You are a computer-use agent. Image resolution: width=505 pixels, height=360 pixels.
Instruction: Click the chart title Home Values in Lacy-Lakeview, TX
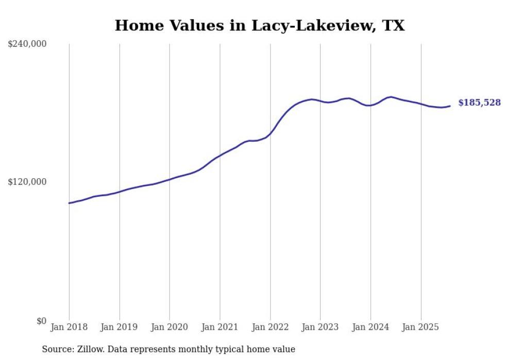pos(259,25)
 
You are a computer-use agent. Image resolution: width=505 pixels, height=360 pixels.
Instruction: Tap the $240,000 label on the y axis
pos(27,44)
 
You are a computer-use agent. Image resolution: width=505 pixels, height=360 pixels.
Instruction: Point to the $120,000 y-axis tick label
pos(27,182)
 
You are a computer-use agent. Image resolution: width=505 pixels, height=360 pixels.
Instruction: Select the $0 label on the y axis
pos(41,320)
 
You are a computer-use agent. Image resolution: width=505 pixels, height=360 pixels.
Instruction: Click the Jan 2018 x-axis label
pos(69,327)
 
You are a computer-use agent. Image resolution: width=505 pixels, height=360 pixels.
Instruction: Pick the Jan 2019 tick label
pos(120,327)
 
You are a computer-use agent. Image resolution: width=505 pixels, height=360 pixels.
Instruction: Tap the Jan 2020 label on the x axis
pos(170,327)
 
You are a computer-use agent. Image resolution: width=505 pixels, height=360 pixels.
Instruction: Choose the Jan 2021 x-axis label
pos(220,327)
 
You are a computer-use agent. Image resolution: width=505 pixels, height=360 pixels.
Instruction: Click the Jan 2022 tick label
pos(270,327)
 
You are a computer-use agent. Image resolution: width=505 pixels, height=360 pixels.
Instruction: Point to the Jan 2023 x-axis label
pos(320,327)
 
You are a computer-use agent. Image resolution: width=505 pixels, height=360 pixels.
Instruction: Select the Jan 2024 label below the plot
pos(371,327)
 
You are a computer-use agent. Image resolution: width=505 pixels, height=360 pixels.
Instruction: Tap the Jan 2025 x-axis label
pos(420,327)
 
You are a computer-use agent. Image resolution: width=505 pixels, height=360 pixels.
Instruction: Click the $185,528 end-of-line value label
pos(479,103)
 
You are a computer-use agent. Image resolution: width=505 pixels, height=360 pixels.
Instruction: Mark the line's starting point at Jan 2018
pos(69,203)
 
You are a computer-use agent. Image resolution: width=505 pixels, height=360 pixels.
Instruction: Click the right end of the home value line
pos(450,106)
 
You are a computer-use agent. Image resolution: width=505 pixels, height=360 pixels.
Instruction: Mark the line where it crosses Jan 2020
pos(170,179)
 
